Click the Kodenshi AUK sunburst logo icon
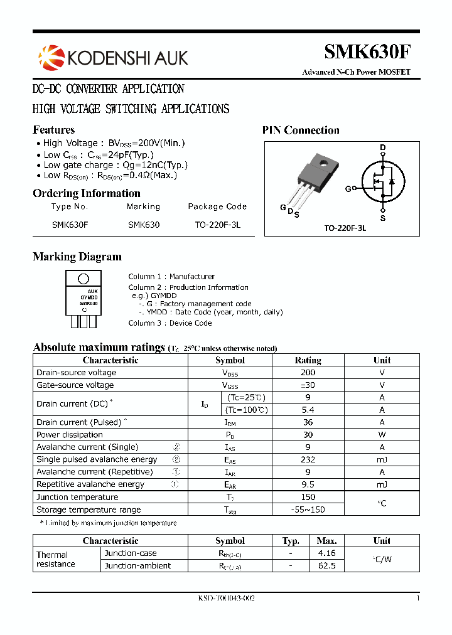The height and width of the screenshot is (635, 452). pyautogui.click(x=51, y=57)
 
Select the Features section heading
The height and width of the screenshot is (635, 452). pyautogui.click(x=53, y=130)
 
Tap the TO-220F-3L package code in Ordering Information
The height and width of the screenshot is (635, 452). pyautogui.click(x=217, y=224)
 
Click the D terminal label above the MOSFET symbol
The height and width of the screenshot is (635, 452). pyautogui.click(x=382, y=148)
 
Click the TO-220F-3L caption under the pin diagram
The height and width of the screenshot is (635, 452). pyautogui.click(x=345, y=228)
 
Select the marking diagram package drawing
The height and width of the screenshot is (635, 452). pyautogui.click(x=83, y=299)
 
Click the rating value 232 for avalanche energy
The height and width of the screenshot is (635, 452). pyautogui.click(x=308, y=459)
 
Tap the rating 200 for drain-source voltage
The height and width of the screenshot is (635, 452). pyautogui.click(x=308, y=373)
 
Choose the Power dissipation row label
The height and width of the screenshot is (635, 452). pyautogui.click(x=70, y=435)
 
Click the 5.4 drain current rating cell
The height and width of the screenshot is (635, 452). pyautogui.click(x=308, y=410)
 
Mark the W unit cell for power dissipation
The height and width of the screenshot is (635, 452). pyautogui.click(x=382, y=435)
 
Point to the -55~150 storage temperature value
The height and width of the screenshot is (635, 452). pyautogui.click(x=308, y=510)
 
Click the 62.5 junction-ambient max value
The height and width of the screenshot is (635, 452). pyautogui.click(x=327, y=565)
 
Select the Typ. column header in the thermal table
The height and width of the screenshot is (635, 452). pyautogui.click(x=291, y=541)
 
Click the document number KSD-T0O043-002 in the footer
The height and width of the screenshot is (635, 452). pyautogui.click(x=226, y=599)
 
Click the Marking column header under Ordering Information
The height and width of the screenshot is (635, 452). pyautogui.click(x=143, y=206)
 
